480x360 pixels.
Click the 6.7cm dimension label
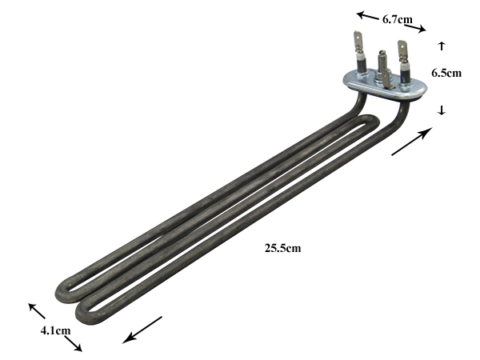click(398, 19)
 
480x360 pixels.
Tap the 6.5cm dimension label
click(446, 73)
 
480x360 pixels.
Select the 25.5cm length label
click(282, 248)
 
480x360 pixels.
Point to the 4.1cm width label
click(55, 330)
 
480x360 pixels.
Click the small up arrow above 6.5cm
click(442, 46)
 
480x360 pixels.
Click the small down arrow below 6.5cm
click(442, 110)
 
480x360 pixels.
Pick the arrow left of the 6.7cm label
click(368, 16)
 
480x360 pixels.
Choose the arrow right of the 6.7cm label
click(415, 28)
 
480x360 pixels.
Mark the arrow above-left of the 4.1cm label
click(37, 311)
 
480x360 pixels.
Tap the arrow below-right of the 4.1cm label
click(73, 344)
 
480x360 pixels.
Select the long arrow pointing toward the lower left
click(142, 330)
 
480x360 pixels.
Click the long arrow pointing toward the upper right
click(412, 142)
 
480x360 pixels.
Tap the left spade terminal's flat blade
click(358, 42)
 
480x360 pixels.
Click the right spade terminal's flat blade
click(402, 50)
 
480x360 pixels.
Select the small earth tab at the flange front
click(386, 79)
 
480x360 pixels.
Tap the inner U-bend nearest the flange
click(374, 120)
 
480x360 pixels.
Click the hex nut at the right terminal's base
click(405, 88)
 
